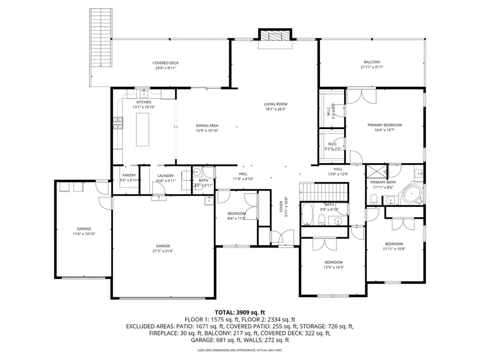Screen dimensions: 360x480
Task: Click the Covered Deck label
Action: [166, 63]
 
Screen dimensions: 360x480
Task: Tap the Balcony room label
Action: [372, 63]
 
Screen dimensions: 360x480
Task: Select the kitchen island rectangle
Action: [143, 130]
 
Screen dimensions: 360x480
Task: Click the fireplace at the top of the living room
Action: [276, 35]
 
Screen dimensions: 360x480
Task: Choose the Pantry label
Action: [129, 175]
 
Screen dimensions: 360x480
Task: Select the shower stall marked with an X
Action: [375, 172]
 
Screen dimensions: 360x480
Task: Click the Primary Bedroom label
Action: [384, 125]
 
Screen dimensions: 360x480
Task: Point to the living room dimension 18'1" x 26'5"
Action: [275, 110]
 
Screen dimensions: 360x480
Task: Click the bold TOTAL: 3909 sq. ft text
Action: [239, 312]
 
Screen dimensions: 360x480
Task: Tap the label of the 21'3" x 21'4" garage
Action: [164, 246]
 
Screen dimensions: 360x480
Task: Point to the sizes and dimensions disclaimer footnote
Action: [239, 350]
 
